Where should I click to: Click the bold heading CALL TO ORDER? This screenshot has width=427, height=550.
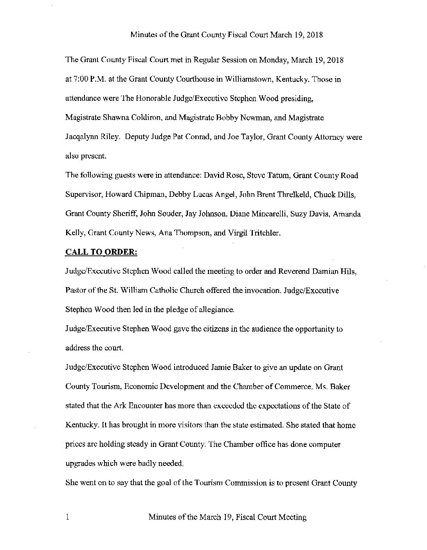point(101,252)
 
